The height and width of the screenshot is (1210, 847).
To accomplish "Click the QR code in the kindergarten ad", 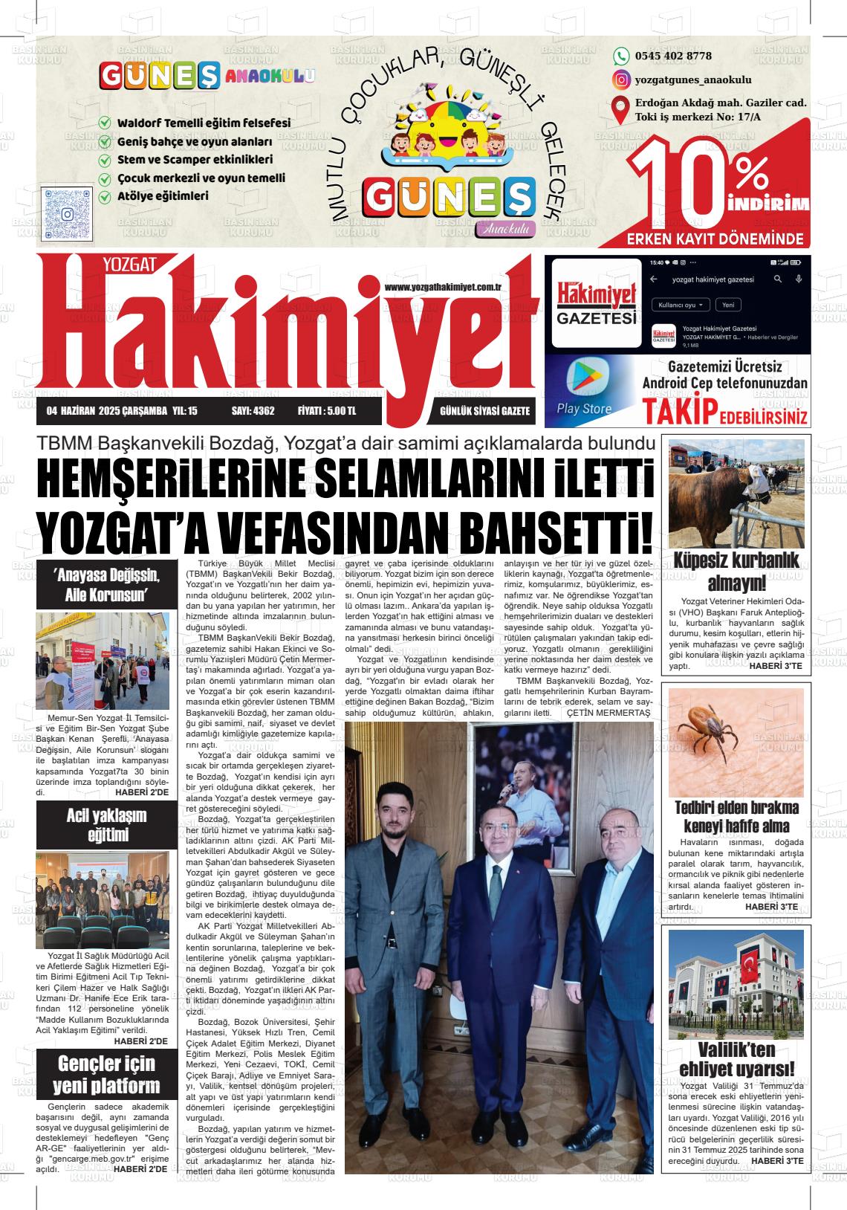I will tap(68, 213).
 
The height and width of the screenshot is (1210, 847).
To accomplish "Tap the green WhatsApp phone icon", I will tap(621, 56).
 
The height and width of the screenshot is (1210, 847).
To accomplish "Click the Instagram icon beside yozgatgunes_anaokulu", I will tap(621, 80).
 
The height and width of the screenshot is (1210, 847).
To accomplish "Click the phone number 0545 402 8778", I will tap(673, 56).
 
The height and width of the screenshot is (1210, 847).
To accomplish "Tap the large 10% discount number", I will tap(698, 185).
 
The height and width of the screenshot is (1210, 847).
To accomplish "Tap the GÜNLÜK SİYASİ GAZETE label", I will tap(484, 411).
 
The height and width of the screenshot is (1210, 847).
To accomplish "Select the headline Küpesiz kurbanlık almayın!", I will tap(736, 571).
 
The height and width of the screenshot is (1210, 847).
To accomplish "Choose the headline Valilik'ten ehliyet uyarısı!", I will tap(736, 1059).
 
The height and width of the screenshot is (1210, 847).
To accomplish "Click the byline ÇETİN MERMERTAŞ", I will tap(608, 713).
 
